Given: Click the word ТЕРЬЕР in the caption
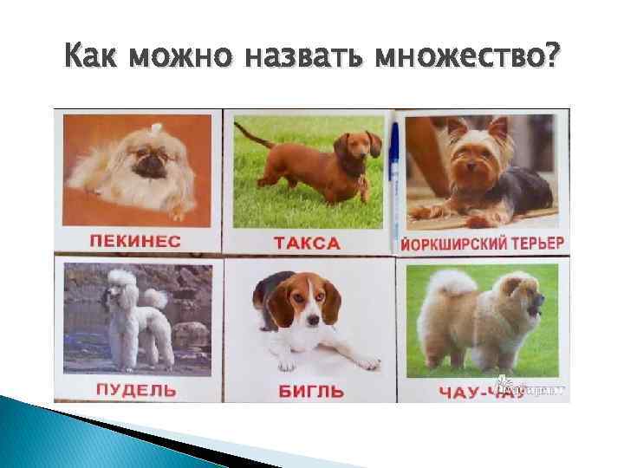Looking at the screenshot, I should click(x=535, y=242).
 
